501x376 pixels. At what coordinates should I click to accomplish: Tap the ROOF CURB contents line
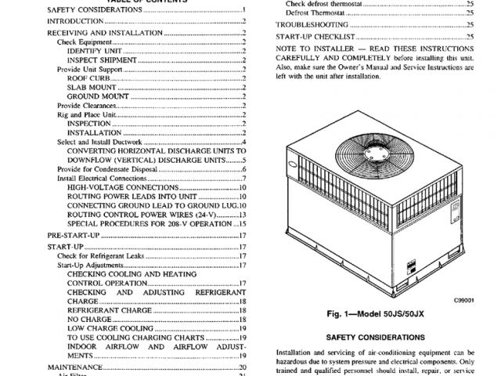tap(87, 78)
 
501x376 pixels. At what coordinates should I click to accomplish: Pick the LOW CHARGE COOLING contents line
tap(105, 327)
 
